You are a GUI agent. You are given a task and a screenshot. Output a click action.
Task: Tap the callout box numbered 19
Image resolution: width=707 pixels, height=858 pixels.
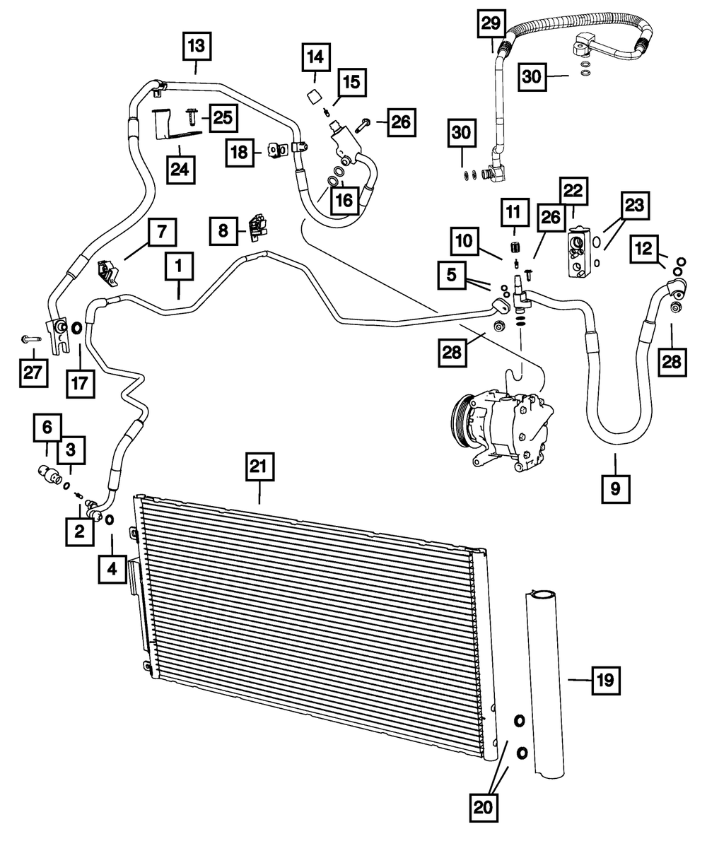pyautogui.click(x=605, y=682)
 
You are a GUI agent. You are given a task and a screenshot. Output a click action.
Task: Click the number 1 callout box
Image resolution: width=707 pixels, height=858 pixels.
pyautogui.click(x=179, y=266)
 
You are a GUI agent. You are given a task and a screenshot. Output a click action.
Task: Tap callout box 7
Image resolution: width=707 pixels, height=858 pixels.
pyautogui.click(x=161, y=231)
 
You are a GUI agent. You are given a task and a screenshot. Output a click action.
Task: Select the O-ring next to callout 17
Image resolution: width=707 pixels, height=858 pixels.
pyautogui.click(x=77, y=329)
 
